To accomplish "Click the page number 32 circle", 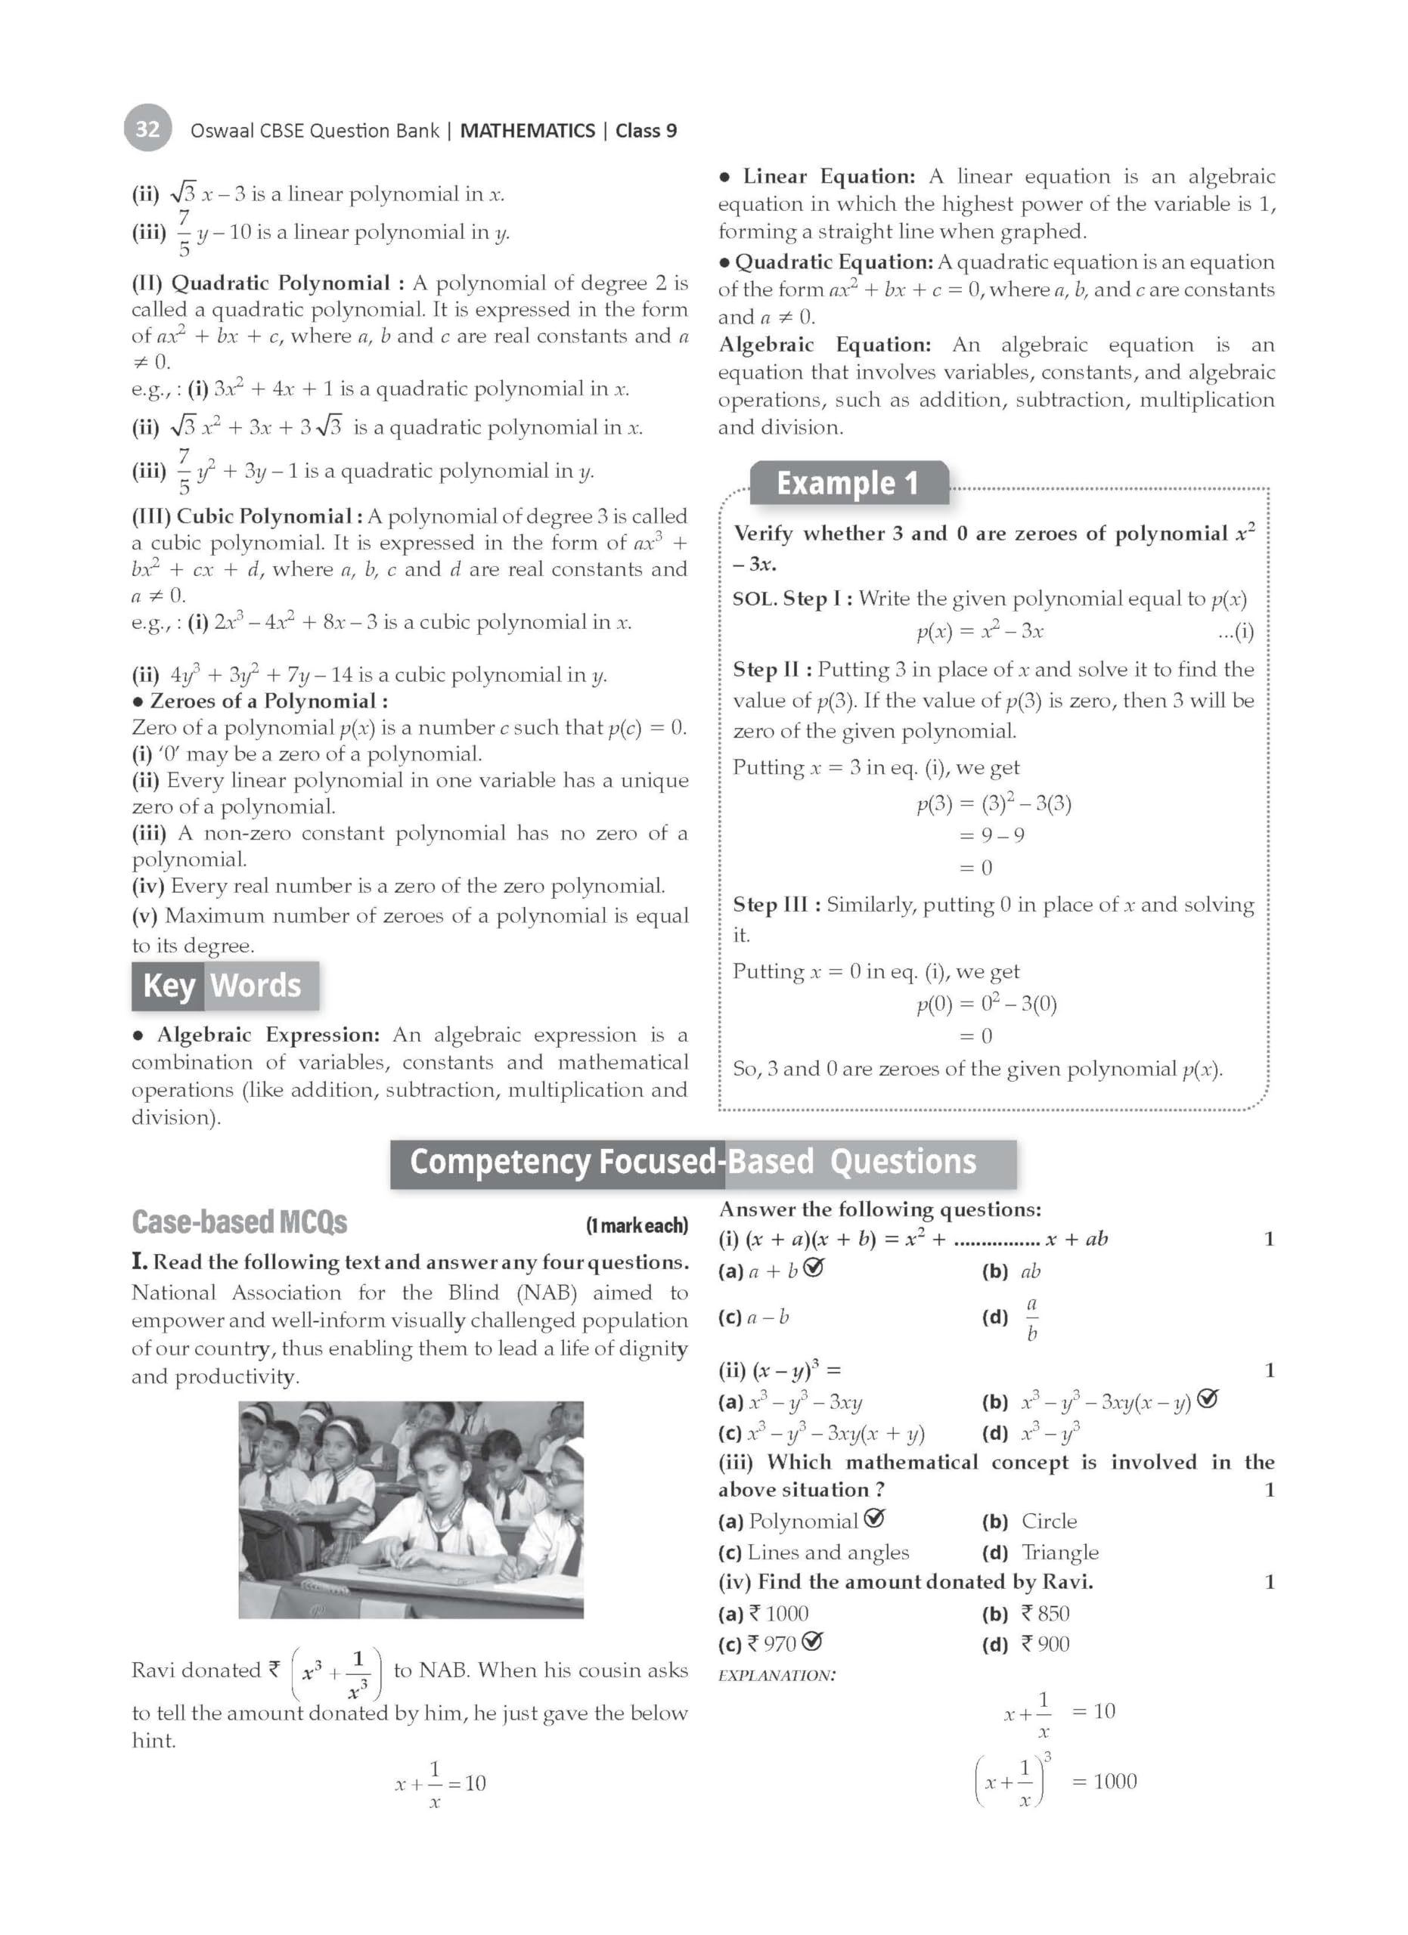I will point(147,128).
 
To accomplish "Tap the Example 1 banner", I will point(848,484).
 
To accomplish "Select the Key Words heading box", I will point(225,986).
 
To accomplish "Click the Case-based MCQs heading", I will point(240,1222).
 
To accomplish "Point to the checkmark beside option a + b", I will point(814,1268).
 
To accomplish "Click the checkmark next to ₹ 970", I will point(813,1642).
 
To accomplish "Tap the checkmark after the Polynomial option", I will point(874,1518).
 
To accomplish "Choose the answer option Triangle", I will point(1060,1552).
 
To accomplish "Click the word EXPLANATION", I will point(777,1676).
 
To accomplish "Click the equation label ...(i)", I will point(1236,631).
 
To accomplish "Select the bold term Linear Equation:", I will point(829,177).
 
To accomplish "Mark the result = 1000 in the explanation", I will point(1103,1782).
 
